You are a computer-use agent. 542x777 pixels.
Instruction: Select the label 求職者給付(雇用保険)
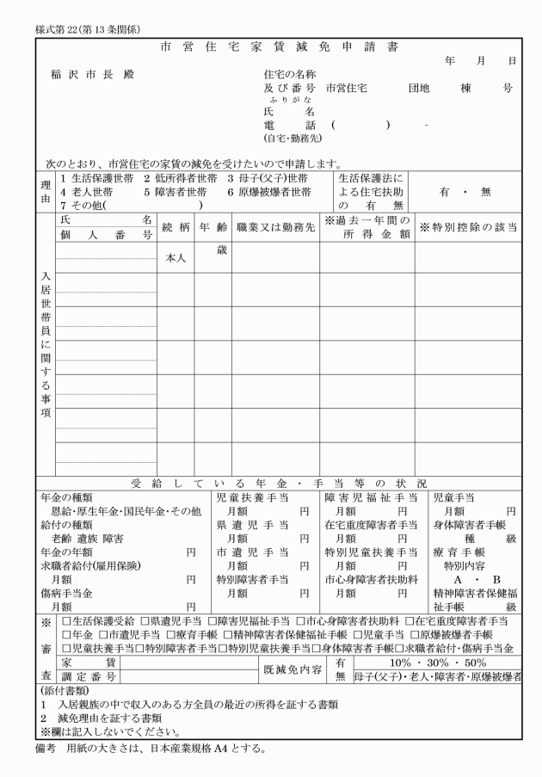point(90,564)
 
